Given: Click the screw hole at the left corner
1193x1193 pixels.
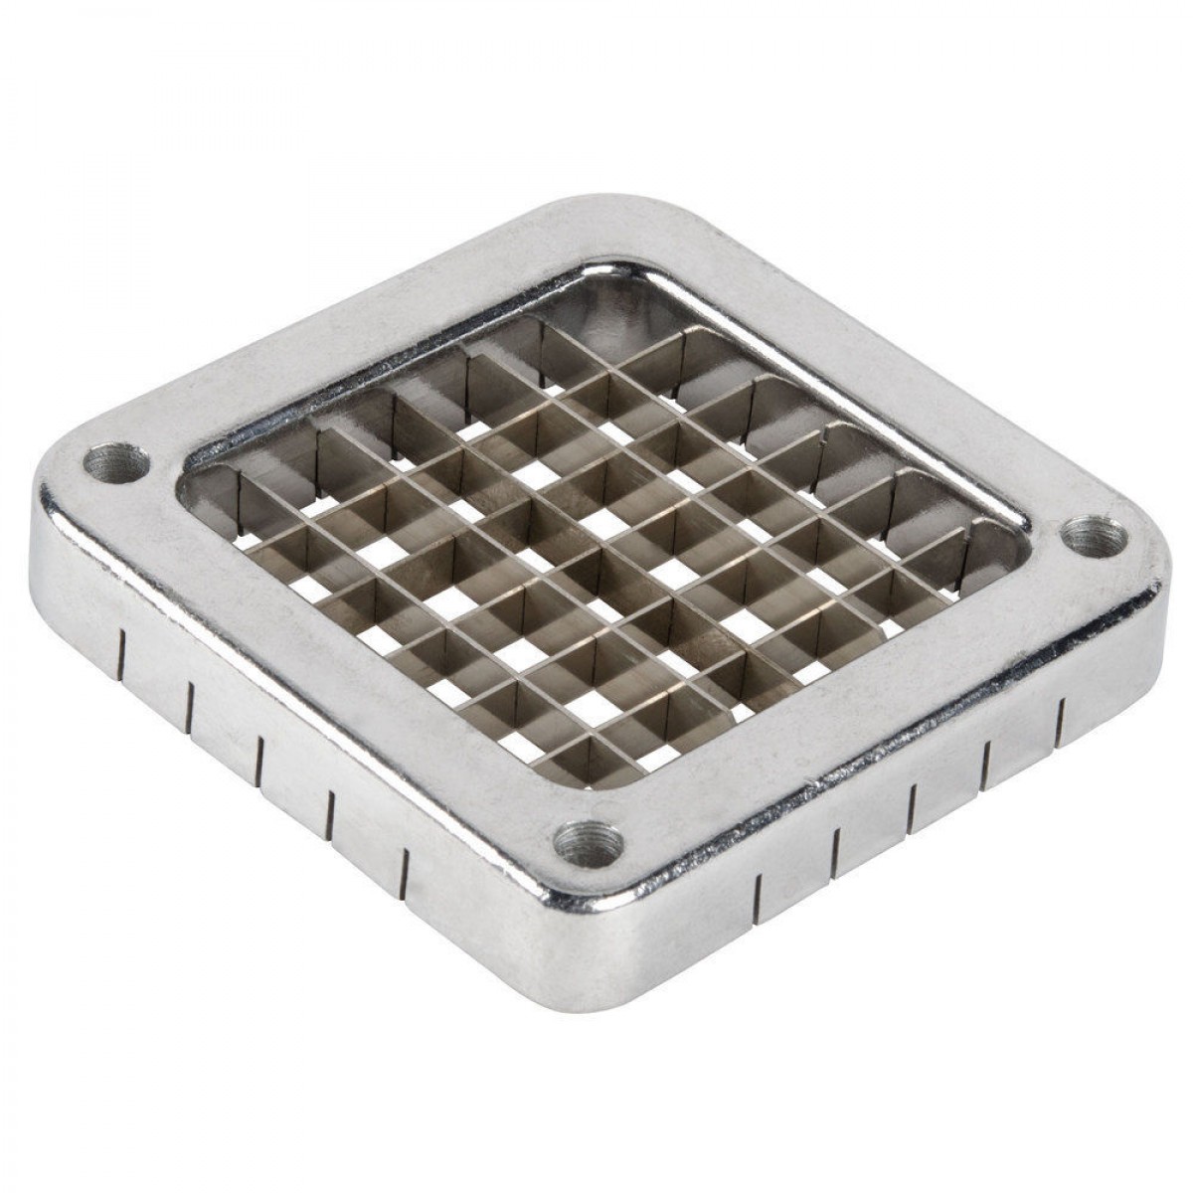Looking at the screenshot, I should tap(116, 463).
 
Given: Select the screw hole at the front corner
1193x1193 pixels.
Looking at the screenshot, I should tap(589, 846).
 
